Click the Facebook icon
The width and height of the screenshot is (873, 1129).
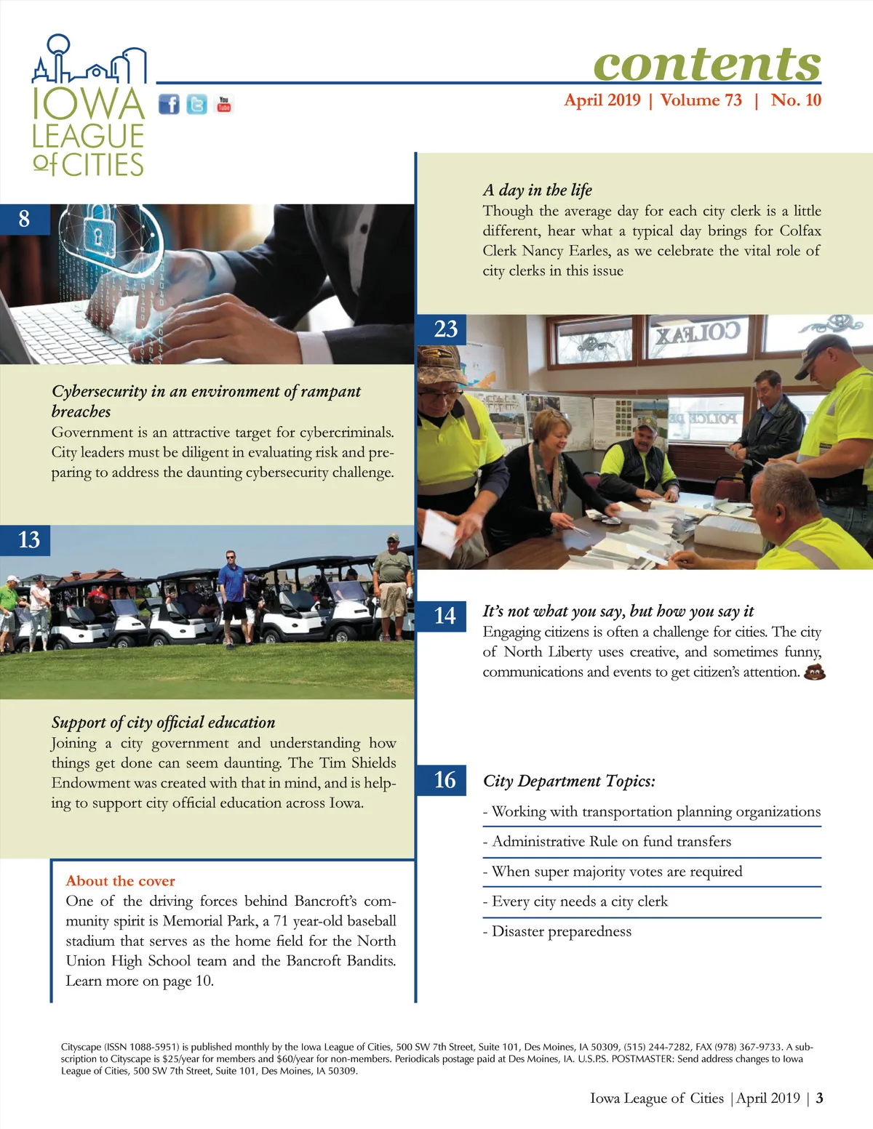pos(169,105)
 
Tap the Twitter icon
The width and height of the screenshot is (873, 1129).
pos(196,105)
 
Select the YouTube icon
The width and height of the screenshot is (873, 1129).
pos(224,105)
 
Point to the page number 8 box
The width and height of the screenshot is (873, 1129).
pos(24,219)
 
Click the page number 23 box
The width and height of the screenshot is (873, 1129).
pos(445,329)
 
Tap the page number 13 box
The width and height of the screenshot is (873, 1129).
pos(28,540)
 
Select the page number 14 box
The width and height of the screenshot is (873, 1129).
pos(445,616)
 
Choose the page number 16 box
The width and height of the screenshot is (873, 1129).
pos(445,780)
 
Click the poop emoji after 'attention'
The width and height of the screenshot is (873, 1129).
pos(815,672)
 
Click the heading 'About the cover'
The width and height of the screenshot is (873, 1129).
pos(120,881)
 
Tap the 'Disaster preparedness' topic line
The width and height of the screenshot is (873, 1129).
pos(557,931)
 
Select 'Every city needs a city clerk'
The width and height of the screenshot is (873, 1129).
pos(575,901)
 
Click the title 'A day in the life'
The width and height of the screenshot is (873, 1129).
pos(537,190)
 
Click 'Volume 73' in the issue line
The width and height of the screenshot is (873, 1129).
pos(701,100)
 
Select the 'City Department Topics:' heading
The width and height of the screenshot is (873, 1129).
pos(569,781)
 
